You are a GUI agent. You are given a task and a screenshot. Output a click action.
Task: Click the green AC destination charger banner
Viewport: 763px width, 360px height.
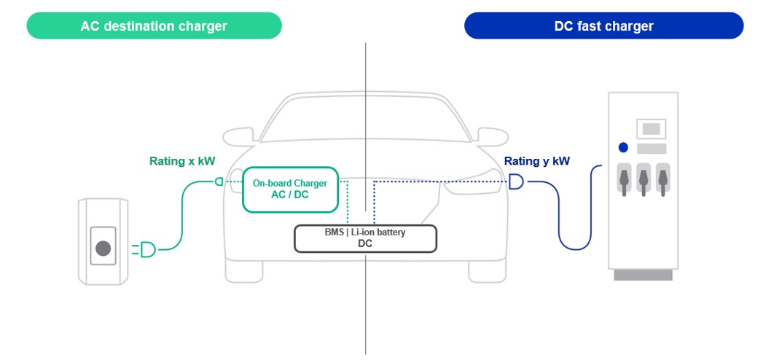coord(154,26)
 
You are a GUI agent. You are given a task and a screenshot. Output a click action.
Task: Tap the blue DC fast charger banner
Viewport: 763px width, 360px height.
coord(603,26)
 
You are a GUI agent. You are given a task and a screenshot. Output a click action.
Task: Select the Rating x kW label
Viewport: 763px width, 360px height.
coord(178,161)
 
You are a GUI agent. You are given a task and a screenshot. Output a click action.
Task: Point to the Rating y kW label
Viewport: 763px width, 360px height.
coord(537,161)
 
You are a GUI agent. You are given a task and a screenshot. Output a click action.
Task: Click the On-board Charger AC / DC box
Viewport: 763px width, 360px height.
coord(289,189)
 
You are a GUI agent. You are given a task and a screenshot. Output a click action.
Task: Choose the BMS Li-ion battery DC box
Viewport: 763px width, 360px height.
coord(365,238)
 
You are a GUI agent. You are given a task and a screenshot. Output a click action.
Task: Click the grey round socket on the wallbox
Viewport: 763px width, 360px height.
coord(103,249)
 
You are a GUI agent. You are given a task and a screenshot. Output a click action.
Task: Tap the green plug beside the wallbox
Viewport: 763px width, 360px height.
coord(146,250)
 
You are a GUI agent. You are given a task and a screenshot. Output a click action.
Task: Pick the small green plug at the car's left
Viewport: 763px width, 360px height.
coord(219,181)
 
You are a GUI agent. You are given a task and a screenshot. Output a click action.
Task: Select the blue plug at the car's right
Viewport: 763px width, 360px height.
coord(516,181)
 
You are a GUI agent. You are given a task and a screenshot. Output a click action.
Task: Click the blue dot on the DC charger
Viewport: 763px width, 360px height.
coord(623,147)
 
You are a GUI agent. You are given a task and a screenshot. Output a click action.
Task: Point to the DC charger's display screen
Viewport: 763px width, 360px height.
coord(652,129)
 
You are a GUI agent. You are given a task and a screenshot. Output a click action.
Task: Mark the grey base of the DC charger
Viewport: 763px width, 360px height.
coord(643,275)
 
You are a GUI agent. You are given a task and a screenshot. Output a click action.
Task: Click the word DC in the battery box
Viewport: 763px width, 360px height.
coord(365,243)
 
